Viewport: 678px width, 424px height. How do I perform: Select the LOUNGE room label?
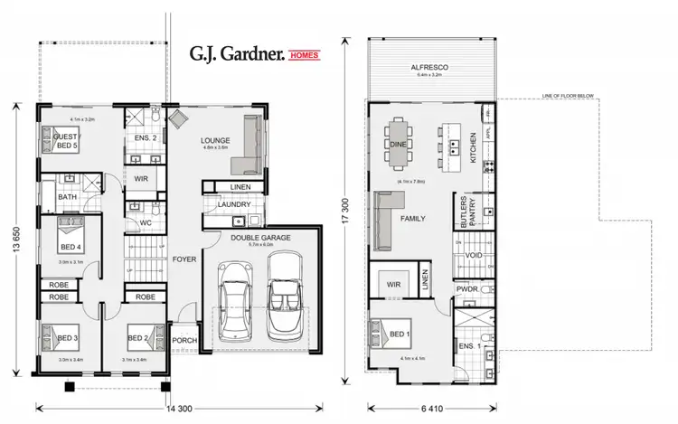216,140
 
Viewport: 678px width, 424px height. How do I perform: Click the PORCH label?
184,340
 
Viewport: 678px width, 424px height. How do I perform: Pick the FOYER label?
184,259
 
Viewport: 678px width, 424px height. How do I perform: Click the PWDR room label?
466,289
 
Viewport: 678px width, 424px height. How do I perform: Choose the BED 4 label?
69,246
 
